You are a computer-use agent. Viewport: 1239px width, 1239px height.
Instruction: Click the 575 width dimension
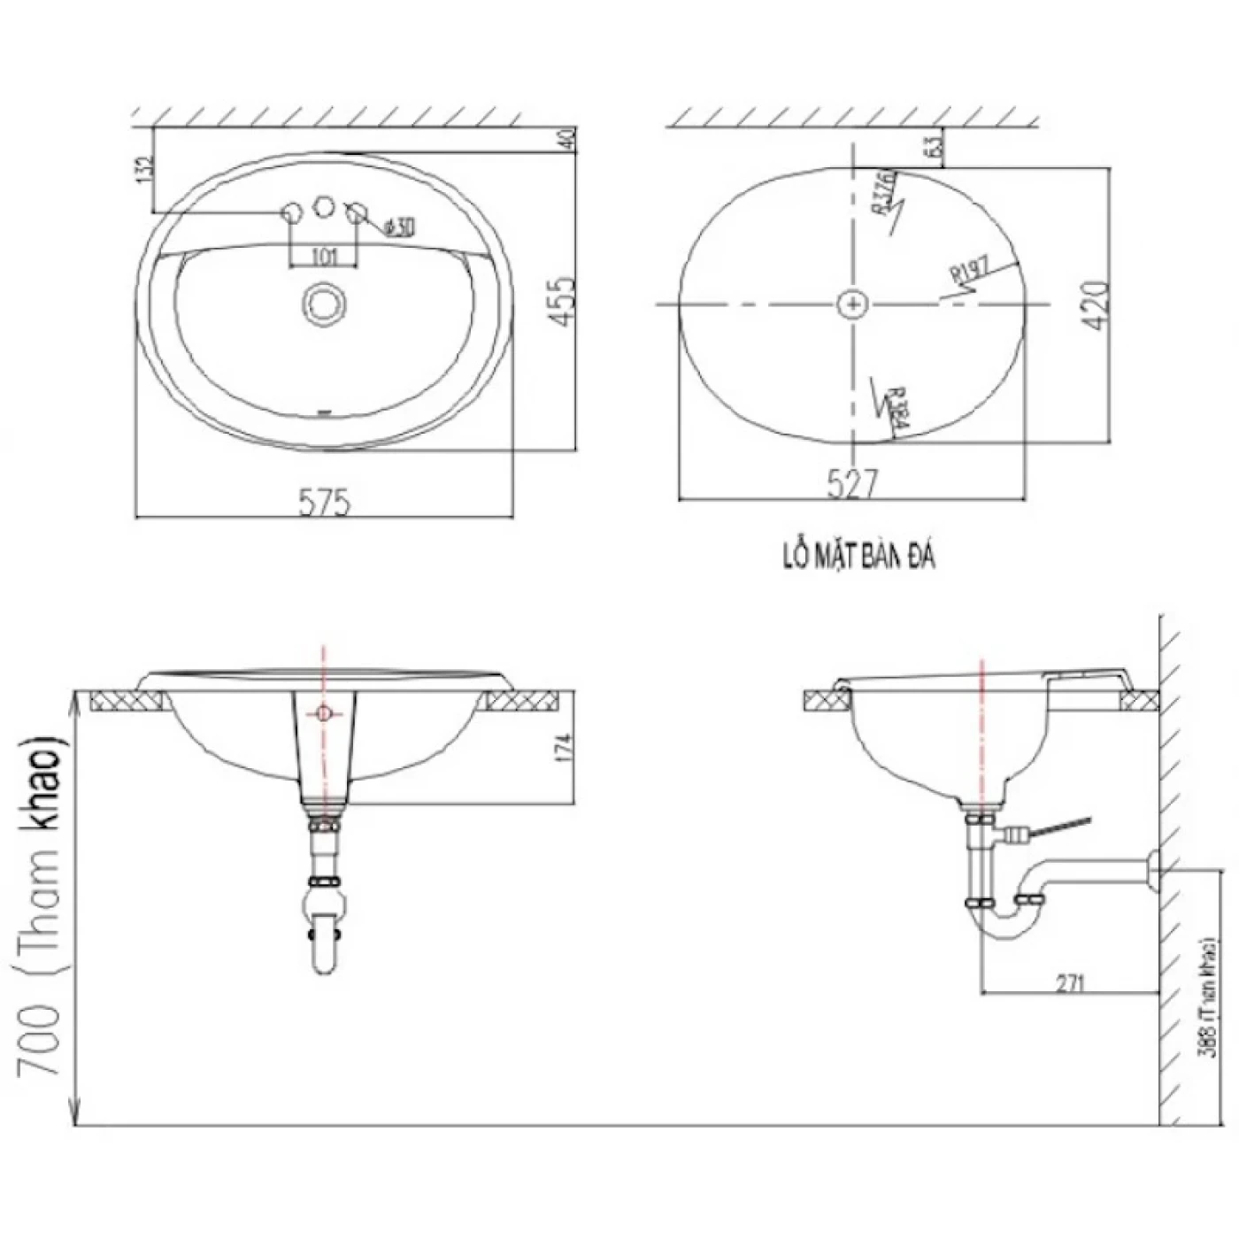coord(325,502)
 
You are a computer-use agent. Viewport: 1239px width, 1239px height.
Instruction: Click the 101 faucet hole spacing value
coord(325,257)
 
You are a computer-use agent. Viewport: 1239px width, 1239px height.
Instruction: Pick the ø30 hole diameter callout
coord(399,227)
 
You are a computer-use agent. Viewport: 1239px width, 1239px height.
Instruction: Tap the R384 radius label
coord(896,412)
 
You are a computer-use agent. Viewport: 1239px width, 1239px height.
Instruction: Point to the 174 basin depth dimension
coord(566,748)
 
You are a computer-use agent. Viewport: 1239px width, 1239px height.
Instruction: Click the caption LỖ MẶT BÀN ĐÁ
coord(858,557)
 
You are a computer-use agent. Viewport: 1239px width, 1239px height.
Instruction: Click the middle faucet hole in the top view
coord(325,207)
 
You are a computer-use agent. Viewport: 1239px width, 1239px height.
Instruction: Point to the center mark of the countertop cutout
coord(853,304)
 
